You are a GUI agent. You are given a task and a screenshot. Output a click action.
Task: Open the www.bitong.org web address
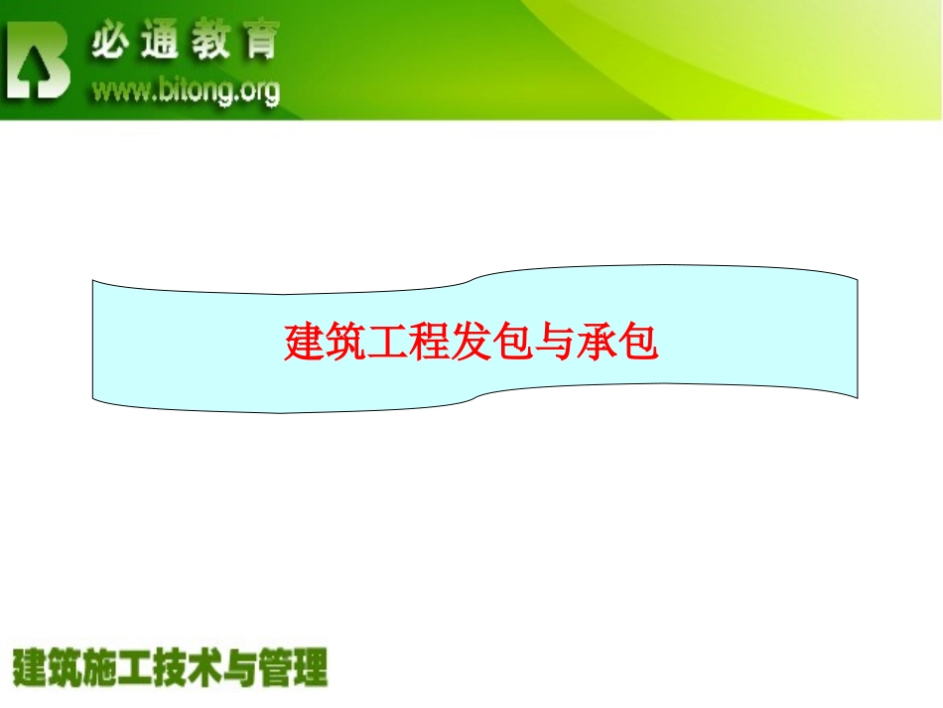tap(186, 91)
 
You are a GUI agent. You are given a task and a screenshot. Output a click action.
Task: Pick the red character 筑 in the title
tap(348, 344)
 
